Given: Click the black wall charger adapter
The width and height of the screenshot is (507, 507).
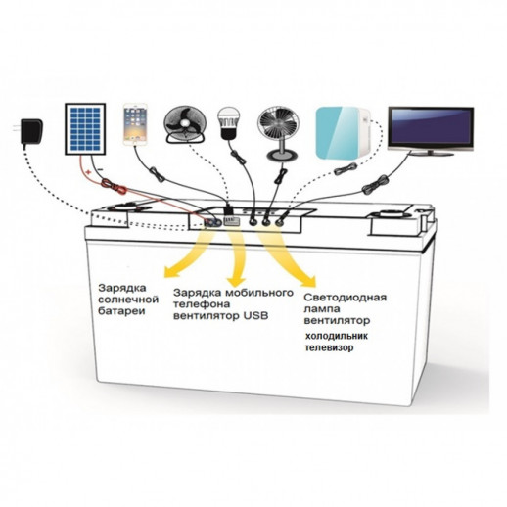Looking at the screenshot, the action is click(29, 132).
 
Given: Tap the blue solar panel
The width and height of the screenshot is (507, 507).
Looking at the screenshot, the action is click(85, 129).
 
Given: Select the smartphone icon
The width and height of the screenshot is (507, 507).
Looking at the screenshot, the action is click(135, 124).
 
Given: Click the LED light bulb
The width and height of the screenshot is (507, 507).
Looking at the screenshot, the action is click(228, 122).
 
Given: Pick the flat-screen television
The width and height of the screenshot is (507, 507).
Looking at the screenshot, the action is click(431, 130).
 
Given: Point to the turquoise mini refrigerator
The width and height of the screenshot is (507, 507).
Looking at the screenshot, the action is click(344, 134).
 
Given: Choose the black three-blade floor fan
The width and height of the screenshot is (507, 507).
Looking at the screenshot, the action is click(185, 124).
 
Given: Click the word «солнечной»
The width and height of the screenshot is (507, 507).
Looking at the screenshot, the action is click(128, 300).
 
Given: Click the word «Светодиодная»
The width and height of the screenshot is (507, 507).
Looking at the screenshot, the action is click(346, 298).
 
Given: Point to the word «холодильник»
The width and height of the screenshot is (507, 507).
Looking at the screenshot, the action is click(337, 336).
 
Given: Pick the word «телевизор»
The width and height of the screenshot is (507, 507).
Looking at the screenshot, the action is click(329, 347).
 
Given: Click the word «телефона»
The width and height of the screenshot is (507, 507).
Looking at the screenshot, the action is click(202, 304).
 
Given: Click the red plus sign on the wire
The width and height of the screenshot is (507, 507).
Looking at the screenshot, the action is click(87, 171).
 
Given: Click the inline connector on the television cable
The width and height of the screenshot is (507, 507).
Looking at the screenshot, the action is click(375, 185).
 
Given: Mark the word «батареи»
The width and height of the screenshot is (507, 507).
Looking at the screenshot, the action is click(121, 311).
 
